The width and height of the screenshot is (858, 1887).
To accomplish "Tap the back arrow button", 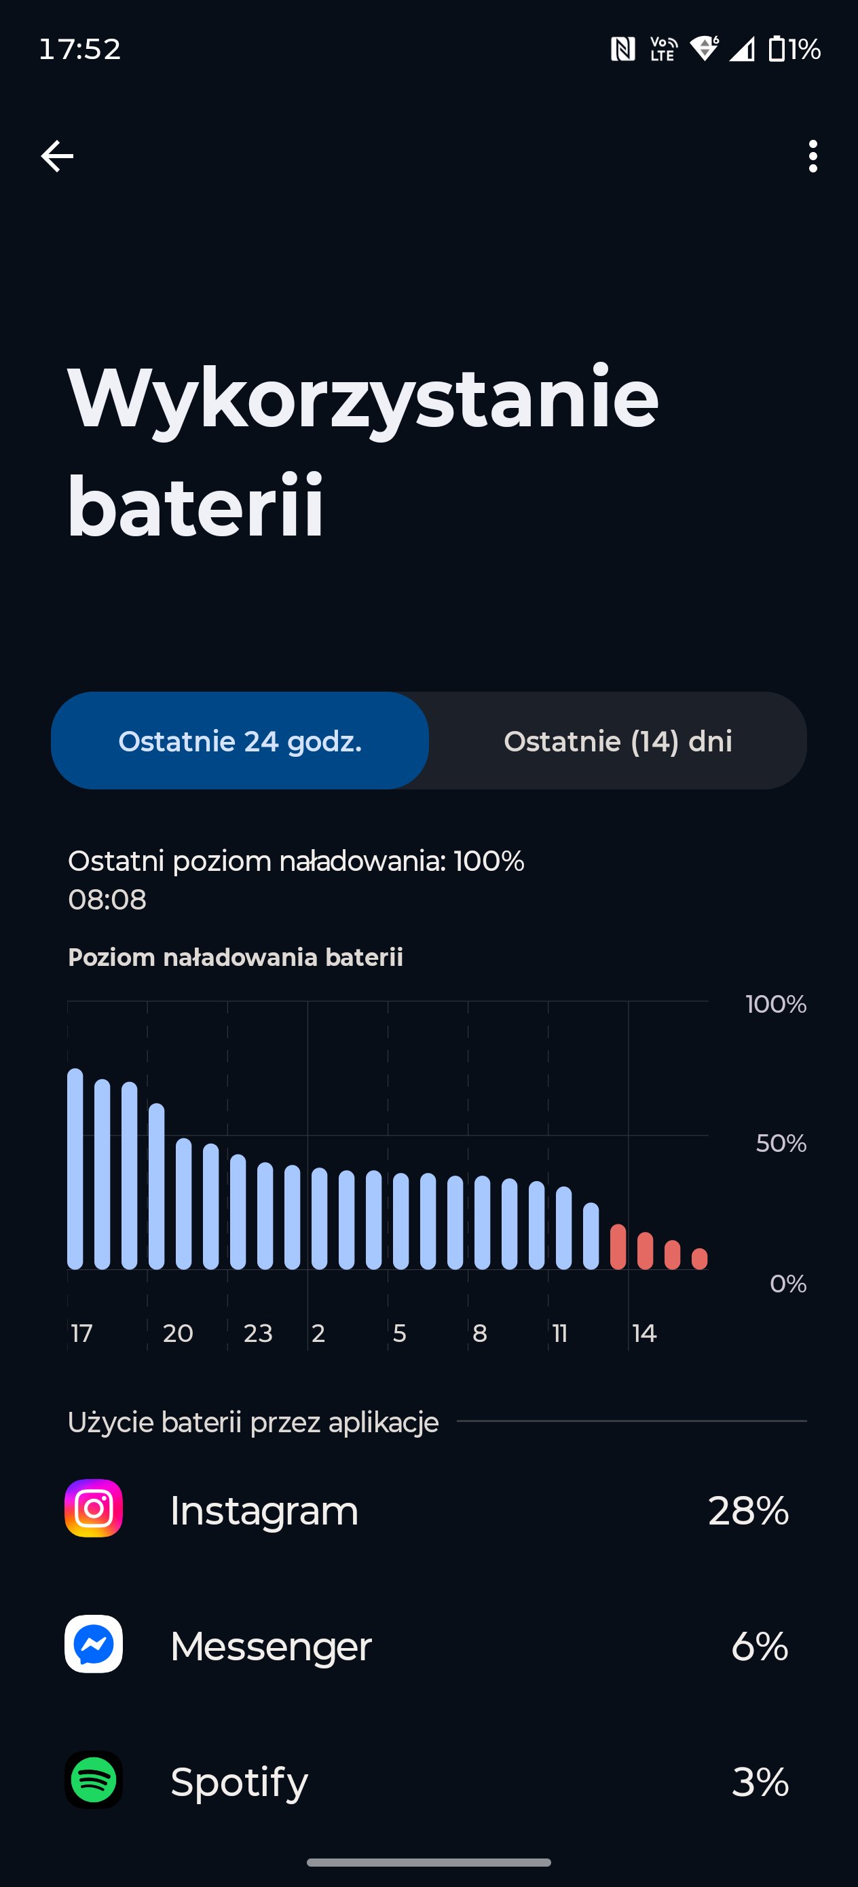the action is click(57, 156).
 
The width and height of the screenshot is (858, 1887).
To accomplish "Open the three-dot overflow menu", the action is click(813, 156).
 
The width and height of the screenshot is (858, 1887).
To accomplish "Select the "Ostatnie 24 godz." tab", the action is click(240, 741).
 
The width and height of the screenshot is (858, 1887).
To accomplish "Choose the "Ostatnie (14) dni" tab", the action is click(618, 741).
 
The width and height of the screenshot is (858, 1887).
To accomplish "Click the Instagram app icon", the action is click(94, 1509).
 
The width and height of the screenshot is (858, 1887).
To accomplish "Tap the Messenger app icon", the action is click(94, 1645).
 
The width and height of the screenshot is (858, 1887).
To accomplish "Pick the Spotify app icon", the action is click(94, 1780).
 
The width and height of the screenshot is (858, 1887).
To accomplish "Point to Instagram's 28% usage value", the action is click(748, 1510).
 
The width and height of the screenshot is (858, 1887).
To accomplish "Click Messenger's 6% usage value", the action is click(760, 1646).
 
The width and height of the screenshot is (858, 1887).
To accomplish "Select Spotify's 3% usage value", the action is click(760, 1782).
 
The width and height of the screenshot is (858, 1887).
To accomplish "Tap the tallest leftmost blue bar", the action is click(75, 1168).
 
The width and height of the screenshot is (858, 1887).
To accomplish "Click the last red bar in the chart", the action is click(700, 1258).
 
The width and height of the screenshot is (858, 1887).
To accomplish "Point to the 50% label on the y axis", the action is click(781, 1143).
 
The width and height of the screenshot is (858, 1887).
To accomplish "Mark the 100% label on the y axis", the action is click(776, 1003).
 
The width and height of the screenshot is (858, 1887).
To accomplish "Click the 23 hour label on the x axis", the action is click(258, 1333).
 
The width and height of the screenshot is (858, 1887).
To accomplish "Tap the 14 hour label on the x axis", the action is click(644, 1333).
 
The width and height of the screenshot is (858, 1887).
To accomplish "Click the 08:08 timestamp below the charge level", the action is click(107, 899).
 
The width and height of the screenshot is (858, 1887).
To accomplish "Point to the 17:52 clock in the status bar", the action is click(80, 49).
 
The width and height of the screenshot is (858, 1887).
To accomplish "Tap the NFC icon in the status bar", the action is click(623, 49).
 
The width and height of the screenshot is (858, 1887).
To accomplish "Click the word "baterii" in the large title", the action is click(195, 506).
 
